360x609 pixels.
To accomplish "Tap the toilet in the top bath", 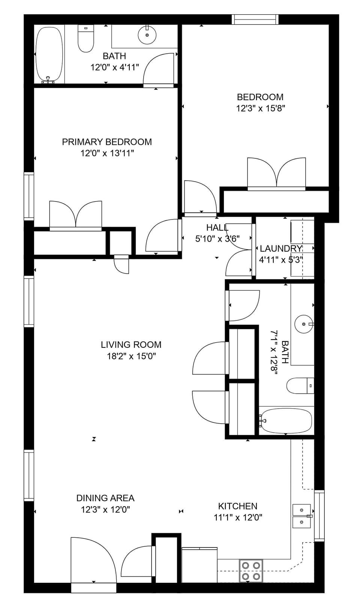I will pos(85,39).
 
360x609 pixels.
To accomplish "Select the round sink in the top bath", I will pos(147,35).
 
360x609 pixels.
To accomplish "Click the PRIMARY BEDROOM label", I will pos(107,142).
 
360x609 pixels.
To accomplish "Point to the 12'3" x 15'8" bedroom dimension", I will pos(261,108).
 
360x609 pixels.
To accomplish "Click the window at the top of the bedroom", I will pos(255,19).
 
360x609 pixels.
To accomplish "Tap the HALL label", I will pos(217,227).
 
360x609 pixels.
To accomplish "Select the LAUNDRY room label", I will pos(281,248).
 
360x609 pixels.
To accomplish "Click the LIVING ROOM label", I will pos(131,344).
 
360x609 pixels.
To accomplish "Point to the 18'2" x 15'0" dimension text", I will pos(131,356).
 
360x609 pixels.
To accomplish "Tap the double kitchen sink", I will pos(301,516).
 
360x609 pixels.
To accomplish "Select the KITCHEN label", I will pos(238,506).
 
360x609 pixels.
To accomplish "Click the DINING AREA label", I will pos(105,498).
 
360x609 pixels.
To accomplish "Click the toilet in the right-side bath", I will pos(300,385).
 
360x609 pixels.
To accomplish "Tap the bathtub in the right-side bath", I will pos(286,420).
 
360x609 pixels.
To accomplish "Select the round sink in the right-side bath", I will pos(303,324).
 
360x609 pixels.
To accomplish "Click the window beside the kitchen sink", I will pos(319,516).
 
